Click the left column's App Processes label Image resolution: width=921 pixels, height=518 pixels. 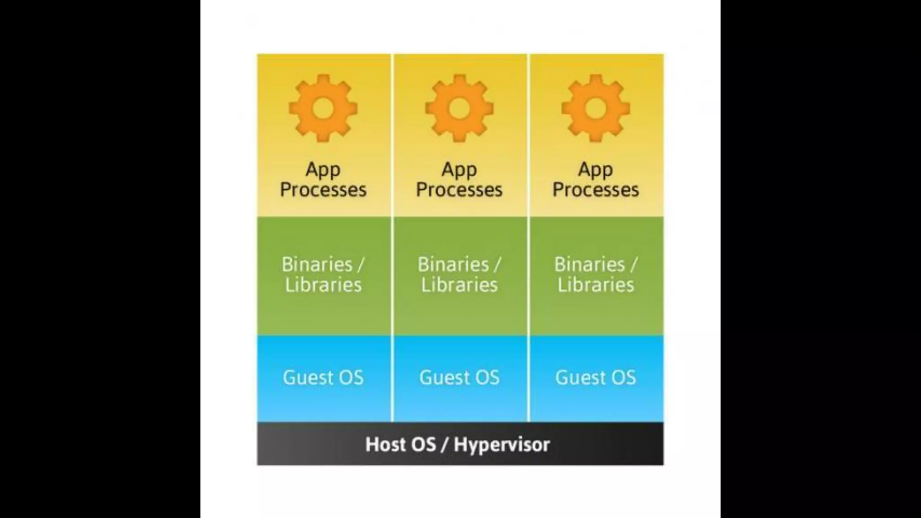click(323, 180)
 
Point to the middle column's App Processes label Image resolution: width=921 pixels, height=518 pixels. click(459, 180)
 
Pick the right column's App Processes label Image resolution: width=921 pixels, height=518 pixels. click(595, 180)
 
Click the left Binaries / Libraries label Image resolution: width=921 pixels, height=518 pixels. click(323, 274)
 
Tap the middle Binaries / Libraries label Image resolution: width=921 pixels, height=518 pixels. click(459, 274)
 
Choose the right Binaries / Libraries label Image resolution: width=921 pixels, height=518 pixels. click(595, 274)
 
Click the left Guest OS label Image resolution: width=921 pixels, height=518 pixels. click(323, 378)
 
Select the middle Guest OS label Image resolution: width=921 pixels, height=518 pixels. click(459, 378)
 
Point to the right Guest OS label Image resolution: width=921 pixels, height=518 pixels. click(595, 378)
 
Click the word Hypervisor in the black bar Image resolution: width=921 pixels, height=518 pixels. click(501, 445)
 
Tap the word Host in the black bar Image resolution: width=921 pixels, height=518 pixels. click(382, 444)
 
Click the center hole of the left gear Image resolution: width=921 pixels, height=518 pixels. click(323, 108)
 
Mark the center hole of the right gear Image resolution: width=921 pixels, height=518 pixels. click(595, 108)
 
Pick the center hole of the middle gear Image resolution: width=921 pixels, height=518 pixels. click(459, 108)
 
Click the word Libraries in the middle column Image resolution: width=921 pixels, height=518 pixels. click(459, 285)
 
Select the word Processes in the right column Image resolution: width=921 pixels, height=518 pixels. click(595, 190)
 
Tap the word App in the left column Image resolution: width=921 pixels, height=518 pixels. click(323, 170)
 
